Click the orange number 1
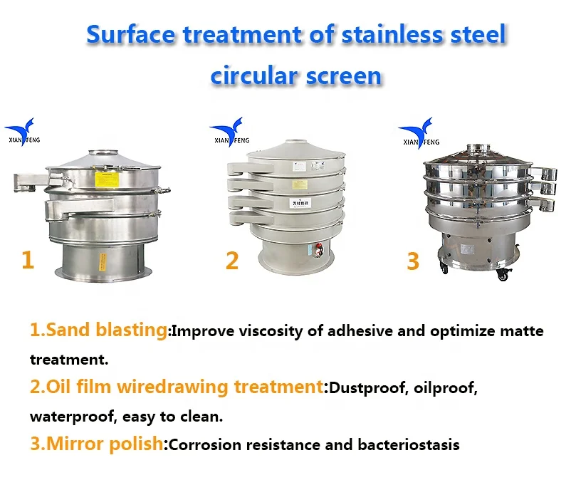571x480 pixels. pyautogui.click(x=28, y=259)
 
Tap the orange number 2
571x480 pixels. pyautogui.click(x=232, y=261)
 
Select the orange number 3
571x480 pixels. pyautogui.click(x=413, y=261)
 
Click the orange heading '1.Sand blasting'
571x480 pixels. pyautogui.click(x=98, y=330)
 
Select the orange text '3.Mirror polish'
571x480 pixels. pyautogui.click(x=96, y=444)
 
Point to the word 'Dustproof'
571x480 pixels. pyautogui.click(x=366, y=388)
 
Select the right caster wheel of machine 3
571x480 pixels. pyautogui.click(x=503, y=273)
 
